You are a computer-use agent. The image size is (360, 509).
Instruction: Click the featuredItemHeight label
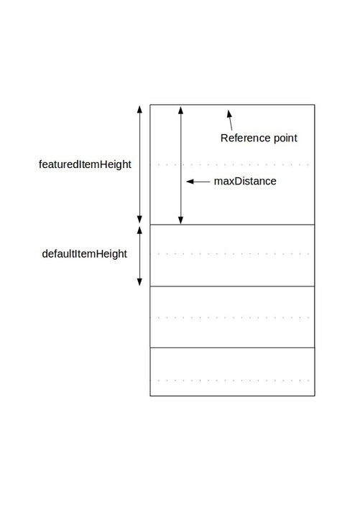click(85, 164)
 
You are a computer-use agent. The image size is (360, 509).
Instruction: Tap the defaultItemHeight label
click(85, 254)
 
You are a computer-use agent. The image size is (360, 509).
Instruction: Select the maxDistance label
click(245, 181)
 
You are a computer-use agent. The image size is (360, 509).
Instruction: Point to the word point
click(285, 139)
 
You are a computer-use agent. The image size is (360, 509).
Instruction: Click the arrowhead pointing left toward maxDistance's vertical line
click(190, 182)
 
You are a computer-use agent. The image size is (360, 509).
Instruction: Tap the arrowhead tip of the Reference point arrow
click(228, 110)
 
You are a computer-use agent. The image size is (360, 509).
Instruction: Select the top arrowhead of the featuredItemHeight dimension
click(139, 109)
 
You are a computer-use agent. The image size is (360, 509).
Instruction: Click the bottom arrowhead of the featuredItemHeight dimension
click(139, 220)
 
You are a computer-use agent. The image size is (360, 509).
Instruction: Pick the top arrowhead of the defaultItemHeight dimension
click(139, 230)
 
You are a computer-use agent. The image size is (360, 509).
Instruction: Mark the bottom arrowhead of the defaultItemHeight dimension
click(139, 282)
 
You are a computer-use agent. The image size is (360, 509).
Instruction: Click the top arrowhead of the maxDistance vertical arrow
click(181, 110)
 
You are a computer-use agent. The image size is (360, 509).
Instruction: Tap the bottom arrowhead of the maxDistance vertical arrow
click(181, 220)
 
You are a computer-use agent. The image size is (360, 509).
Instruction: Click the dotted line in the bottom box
click(232, 380)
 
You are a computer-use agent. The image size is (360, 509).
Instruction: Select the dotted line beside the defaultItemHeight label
click(232, 253)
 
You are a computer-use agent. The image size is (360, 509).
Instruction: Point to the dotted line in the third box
click(232, 317)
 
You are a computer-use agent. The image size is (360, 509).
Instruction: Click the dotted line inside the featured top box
click(232, 164)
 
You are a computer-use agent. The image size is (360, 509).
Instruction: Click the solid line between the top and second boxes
click(232, 224)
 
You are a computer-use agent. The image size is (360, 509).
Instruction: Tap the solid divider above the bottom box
click(232, 347)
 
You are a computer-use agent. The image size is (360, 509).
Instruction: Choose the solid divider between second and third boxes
click(232, 286)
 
